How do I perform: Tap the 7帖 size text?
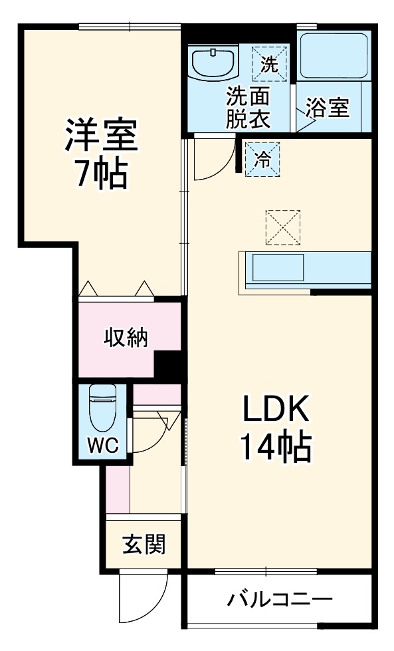point(101,175)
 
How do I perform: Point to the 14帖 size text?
point(274,450)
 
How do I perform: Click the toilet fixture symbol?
point(102,408)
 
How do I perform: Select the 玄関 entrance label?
point(143,545)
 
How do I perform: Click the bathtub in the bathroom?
point(333,56)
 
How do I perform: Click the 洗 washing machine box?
point(269,64)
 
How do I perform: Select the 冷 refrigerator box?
point(263,160)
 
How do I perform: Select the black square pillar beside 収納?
point(169,364)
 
